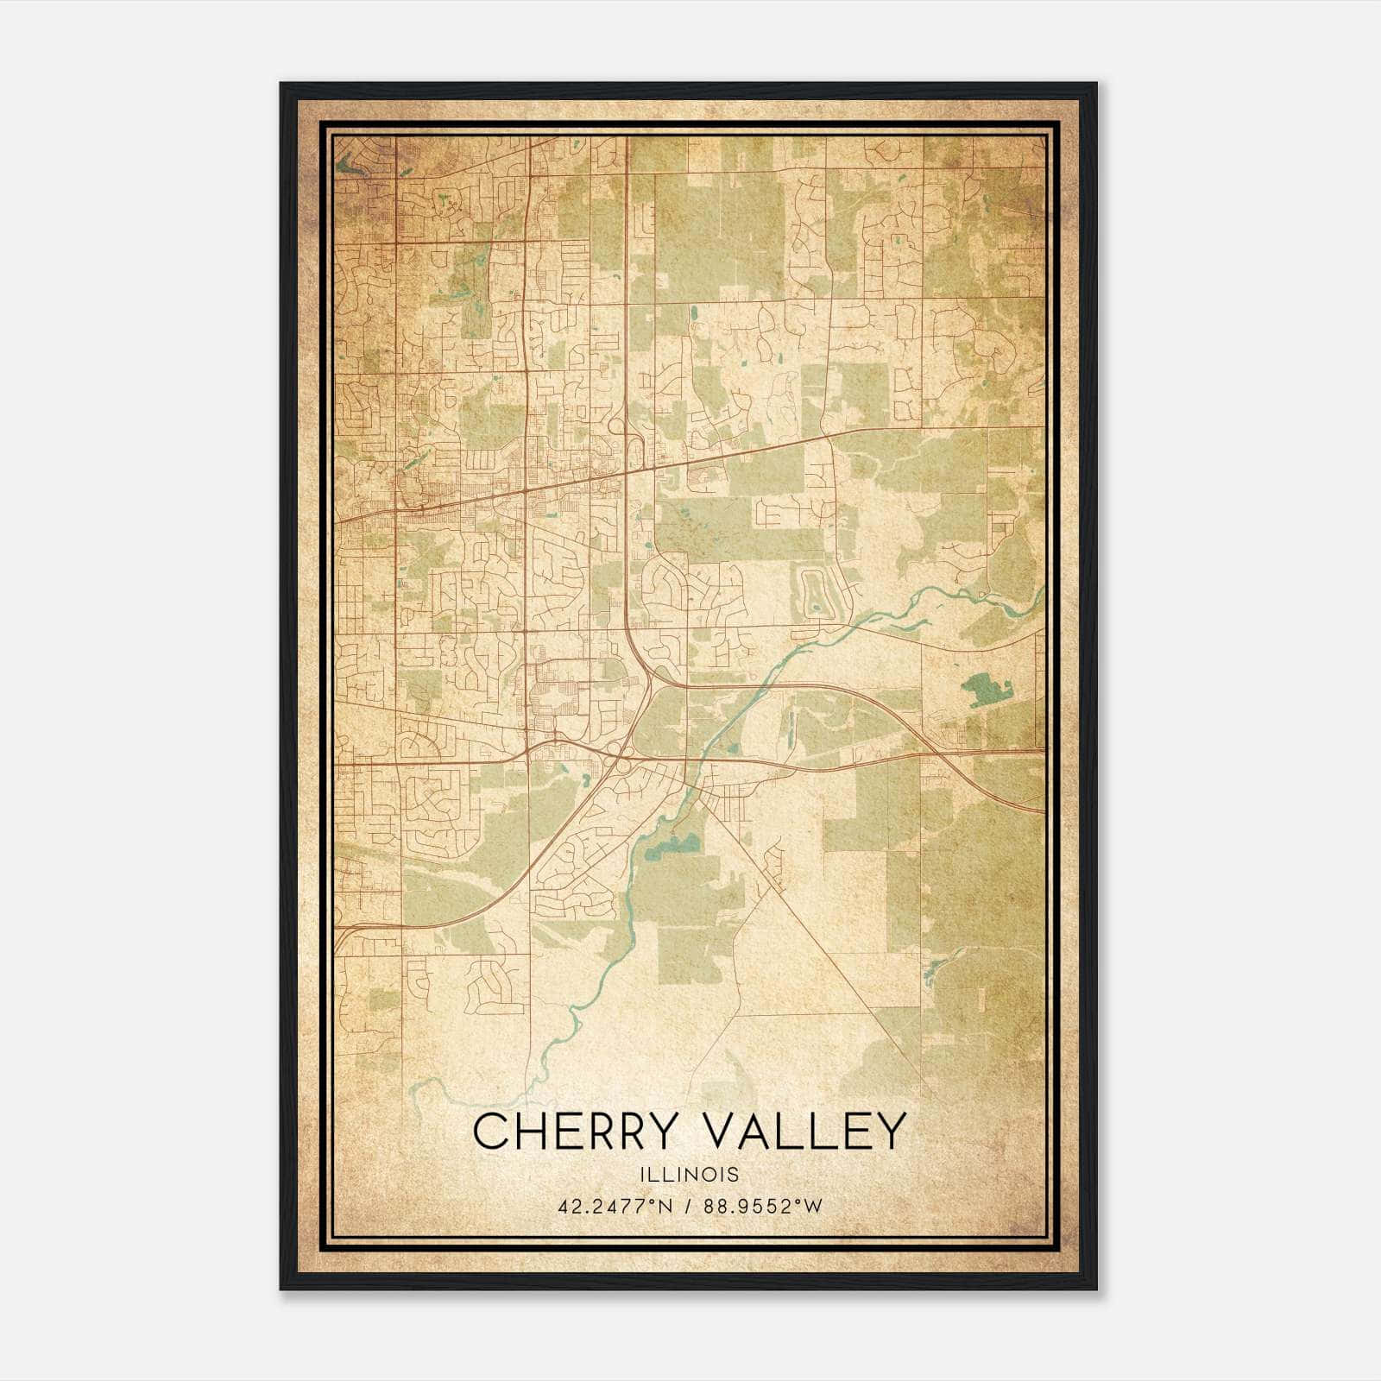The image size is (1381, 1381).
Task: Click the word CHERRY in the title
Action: coord(572,1132)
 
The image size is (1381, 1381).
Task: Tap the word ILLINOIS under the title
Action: coord(690,1175)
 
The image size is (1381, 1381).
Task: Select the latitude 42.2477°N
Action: coord(611,1207)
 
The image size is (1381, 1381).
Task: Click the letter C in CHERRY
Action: coord(490,1132)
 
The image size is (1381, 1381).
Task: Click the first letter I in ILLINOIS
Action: coord(643,1175)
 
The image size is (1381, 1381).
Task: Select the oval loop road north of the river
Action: coord(813,594)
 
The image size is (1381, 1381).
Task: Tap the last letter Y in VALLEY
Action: coord(892,1132)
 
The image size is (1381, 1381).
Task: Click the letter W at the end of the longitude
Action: coord(816,1207)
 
